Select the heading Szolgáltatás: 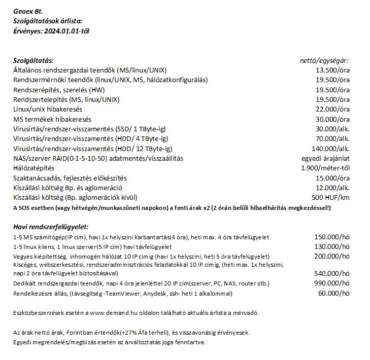(33, 60)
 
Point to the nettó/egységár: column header (325, 60)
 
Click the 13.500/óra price (332, 70)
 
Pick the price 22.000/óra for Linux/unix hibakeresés (332, 109)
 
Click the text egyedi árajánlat (325, 158)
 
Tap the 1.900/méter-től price (325, 168)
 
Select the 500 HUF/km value (330, 198)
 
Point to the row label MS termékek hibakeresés (52, 119)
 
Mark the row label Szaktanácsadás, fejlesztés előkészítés (70, 178)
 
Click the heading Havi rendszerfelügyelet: (51, 226)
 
